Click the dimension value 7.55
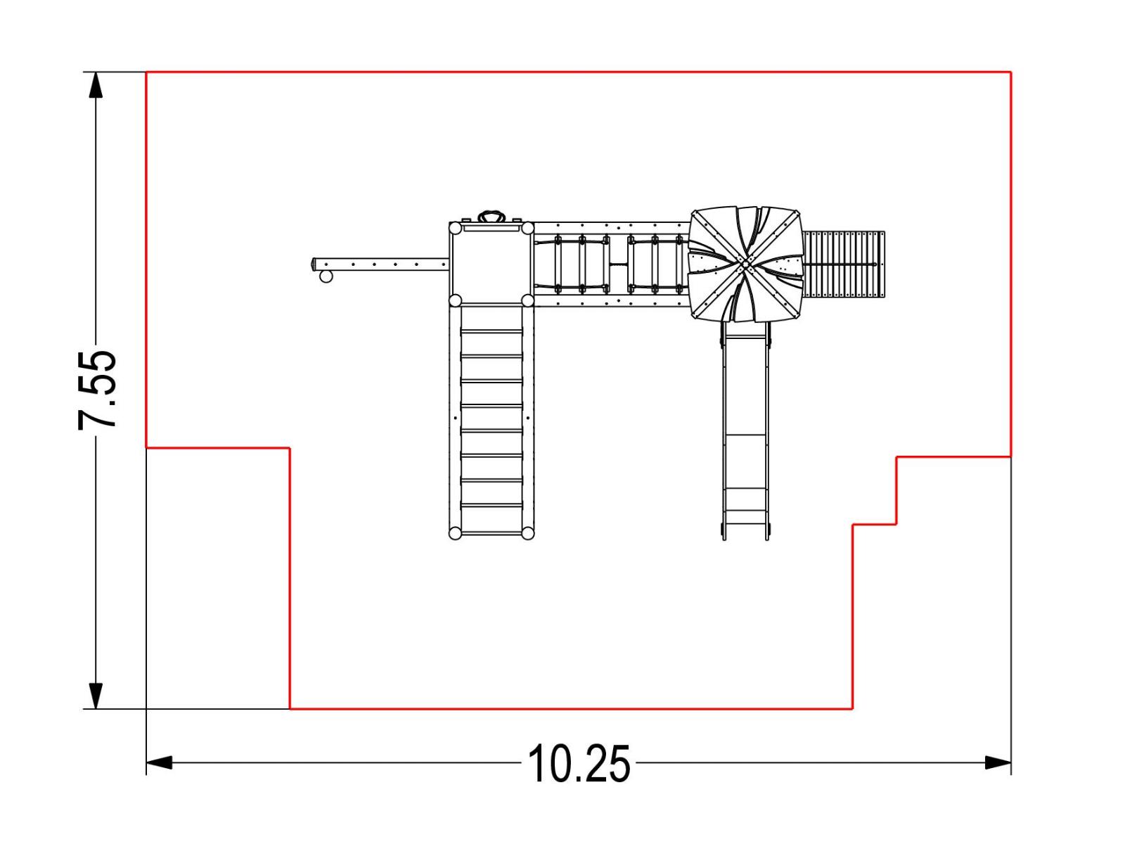(97, 390)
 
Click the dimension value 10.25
(579, 764)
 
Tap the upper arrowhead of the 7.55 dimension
(96, 84)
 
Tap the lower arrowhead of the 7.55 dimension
(96, 696)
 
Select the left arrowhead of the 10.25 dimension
(160, 762)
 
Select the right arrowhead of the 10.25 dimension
(998, 762)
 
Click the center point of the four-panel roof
(744, 264)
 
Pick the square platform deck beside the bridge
(491, 264)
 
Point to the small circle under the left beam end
(326, 276)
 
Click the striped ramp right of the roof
(844, 264)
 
